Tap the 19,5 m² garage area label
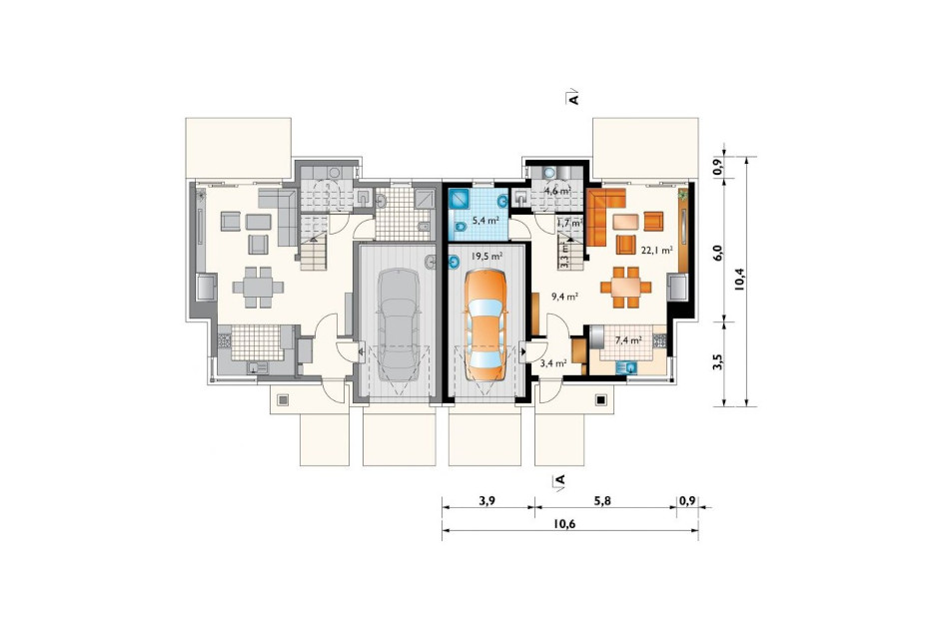[487, 257]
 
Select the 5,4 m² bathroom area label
[485, 221]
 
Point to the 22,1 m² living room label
[656, 251]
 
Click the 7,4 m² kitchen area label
[628, 339]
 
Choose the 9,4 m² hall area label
[564, 296]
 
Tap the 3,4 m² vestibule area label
[553, 363]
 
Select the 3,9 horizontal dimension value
[487, 500]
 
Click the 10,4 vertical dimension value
[739, 279]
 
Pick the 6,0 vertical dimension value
[718, 252]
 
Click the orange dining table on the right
[626, 288]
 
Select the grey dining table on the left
[258, 288]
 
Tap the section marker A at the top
[573, 98]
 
